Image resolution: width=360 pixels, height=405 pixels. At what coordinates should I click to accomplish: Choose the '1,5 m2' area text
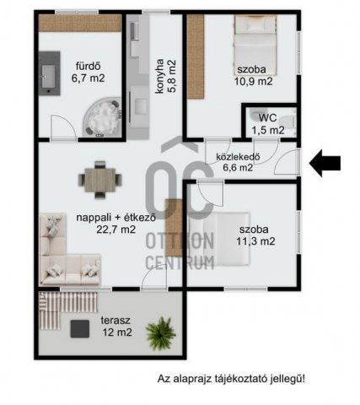point(266,130)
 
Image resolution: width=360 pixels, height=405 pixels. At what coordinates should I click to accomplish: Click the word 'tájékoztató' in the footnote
point(235,378)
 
